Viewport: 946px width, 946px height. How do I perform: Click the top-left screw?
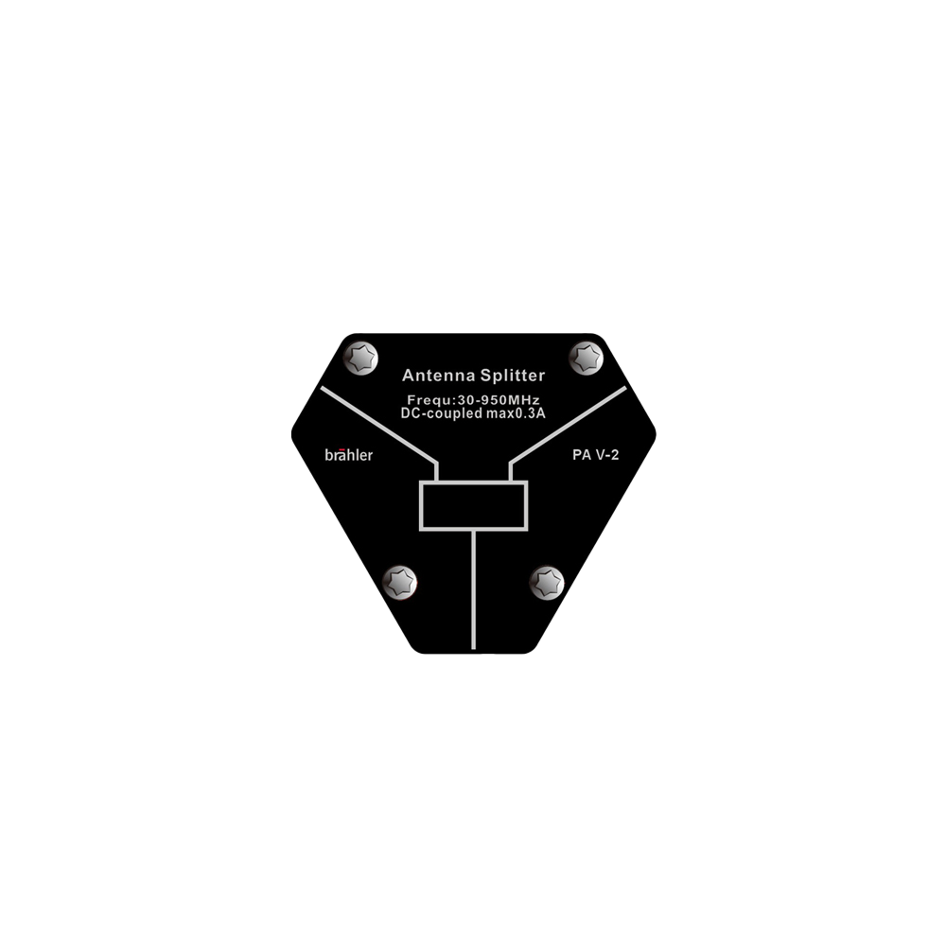[360, 358]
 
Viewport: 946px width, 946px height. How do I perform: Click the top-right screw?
[587, 358]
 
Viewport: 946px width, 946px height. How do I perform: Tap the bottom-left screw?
[399, 583]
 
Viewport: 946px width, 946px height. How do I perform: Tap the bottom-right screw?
[547, 583]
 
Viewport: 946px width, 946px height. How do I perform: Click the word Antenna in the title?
[439, 376]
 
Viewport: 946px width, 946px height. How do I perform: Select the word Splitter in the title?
[513, 376]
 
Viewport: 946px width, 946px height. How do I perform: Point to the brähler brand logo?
[349, 455]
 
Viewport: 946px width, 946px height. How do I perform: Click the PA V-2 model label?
[595, 455]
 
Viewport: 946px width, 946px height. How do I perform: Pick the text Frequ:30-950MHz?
[473, 399]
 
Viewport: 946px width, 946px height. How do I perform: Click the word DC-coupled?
[442, 414]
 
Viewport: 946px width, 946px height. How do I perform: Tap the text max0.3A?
[516, 413]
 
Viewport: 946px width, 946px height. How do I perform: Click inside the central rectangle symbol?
[474, 505]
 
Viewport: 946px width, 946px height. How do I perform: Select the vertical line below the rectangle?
[474, 590]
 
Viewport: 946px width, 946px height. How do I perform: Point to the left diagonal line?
[379, 425]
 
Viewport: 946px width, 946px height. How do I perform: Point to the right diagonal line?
[569, 425]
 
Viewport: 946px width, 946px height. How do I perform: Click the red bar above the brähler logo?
[344, 449]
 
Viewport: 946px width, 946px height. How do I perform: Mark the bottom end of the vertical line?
[474, 649]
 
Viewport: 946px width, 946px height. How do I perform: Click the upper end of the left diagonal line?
[322, 388]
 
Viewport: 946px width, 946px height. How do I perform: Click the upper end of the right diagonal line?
[625, 388]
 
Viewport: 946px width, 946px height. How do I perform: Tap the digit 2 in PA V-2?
[615, 455]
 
